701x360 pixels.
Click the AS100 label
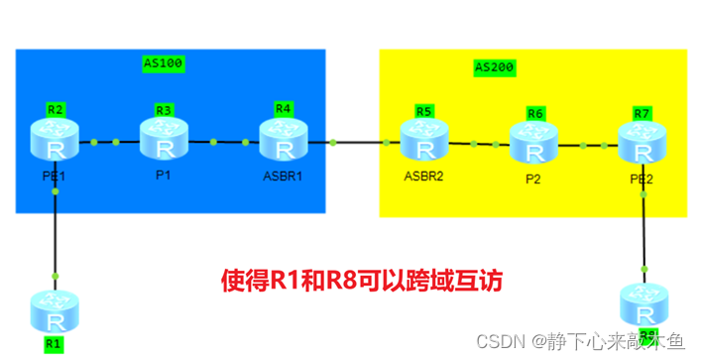tap(165, 63)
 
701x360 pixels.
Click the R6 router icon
tap(534, 143)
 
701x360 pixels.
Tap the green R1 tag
tap(54, 343)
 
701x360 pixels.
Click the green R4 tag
tap(284, 107)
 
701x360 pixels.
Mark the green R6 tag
tap(535, 113)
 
